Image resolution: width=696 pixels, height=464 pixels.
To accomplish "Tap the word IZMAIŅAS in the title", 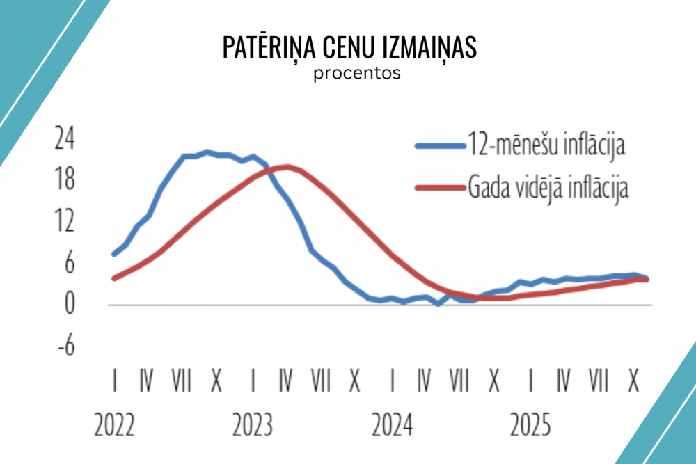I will [429, 47].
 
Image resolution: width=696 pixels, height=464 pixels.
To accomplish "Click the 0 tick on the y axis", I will [69, 304].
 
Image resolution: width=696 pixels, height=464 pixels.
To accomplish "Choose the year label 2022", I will [115, 424].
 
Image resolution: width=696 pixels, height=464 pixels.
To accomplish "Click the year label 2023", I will [253, 424].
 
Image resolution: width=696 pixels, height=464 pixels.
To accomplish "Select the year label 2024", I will [393, 424].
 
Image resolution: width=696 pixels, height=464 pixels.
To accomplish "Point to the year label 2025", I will [531, 424].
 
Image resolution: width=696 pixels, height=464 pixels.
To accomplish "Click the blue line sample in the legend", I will [439, 146].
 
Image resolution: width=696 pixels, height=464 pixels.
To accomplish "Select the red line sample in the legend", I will [439, 187].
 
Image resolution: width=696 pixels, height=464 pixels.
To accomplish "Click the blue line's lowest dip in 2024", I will [438, 304].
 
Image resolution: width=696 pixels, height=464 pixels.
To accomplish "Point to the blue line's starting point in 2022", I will [113, 254].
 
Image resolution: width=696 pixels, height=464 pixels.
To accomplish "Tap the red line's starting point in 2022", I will [113, 278].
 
